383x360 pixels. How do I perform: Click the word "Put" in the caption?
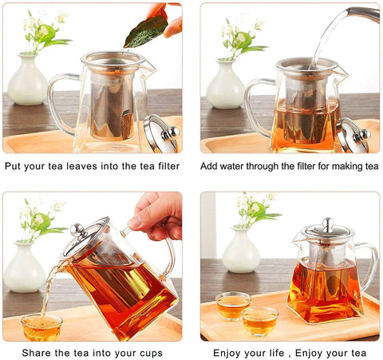click(14, 166)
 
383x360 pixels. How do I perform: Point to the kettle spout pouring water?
click(363, 13)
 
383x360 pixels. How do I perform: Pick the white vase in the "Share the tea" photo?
click(24, 267)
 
